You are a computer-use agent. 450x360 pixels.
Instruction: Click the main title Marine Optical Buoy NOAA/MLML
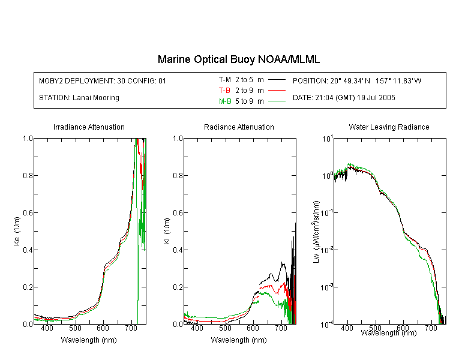click(239, 59)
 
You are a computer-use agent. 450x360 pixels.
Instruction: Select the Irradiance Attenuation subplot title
click(89, 127)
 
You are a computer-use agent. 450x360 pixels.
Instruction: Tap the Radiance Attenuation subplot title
click(239, 127)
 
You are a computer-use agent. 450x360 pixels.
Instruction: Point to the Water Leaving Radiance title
click(389, 127)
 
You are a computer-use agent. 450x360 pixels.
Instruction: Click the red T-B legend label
click(225, 91)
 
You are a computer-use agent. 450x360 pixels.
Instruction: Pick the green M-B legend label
click(225, 101)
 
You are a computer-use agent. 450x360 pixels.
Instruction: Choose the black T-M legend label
click(225, 80)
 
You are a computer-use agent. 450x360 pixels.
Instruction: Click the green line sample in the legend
click(277, 101)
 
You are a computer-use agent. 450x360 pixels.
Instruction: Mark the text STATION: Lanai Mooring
click(79, 98)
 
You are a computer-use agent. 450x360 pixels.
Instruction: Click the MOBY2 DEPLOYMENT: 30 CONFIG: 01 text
click(103, 81)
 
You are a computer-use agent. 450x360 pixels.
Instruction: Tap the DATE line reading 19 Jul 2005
click(344, 98)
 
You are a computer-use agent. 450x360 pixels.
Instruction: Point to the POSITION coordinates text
click(357, 81)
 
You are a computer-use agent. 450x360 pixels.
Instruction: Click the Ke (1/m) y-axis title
click(17, 232)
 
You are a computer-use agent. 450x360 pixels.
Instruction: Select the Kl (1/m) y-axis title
click(167, 232)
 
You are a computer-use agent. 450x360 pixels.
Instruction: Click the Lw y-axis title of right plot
click(316, 232)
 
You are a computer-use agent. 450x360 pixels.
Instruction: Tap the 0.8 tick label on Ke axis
click(28, 176)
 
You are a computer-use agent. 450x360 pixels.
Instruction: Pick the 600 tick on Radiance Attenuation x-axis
click(253, 328)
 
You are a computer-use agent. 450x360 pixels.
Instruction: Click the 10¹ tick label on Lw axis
click(328, 139)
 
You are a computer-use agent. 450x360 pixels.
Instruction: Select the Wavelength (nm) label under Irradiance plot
click(89, 340)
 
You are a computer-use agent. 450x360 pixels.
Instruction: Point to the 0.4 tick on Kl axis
click(178, 250)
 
